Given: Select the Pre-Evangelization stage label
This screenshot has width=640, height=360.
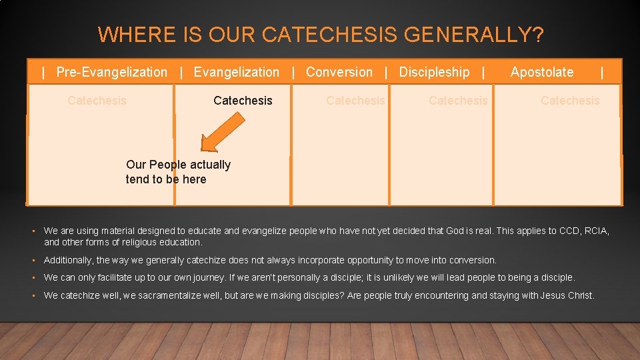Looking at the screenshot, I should coord(111,72).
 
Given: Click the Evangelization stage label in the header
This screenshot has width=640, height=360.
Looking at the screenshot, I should coord(236,72).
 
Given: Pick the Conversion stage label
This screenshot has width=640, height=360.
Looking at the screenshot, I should coord(339,72).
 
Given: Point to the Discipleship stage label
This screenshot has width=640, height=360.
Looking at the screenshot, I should coord(434,72).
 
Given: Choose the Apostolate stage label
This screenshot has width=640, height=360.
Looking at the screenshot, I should coord(541,72).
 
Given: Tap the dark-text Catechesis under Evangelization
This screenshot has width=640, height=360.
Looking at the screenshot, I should coord(243,101).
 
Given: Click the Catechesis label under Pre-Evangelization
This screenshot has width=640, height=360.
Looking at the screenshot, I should coord(97,101).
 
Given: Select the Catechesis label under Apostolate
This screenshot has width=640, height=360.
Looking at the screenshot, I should coord(570,101).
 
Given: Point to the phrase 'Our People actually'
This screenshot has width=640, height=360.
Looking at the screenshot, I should coord(178,165).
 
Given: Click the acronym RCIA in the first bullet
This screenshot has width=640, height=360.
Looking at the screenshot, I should coord(595,231).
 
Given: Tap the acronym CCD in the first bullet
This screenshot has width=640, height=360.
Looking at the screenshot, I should coord(569,231).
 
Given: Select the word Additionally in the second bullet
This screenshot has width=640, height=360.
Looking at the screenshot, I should coord(68,260).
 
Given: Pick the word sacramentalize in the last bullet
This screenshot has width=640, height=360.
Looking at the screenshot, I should coord(167,295).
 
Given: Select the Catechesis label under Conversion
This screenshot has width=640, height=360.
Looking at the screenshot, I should coord(355,101).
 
